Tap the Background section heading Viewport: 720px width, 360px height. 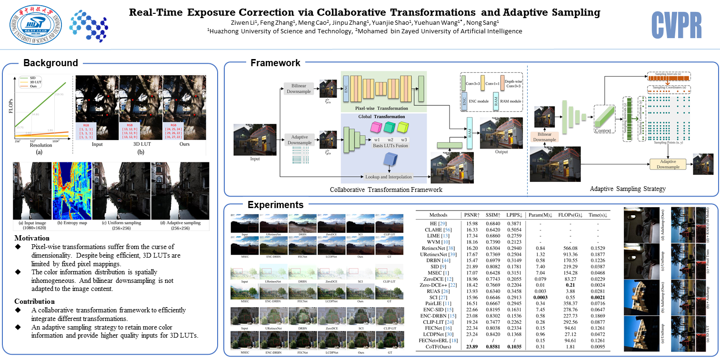coord(50,63)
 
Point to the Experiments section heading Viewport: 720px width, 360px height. coord(275,205)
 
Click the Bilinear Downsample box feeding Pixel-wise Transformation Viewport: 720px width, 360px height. coord(299,88)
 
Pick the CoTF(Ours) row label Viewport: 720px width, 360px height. coord(438,347)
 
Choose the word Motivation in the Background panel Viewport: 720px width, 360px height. coord(32,238)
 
